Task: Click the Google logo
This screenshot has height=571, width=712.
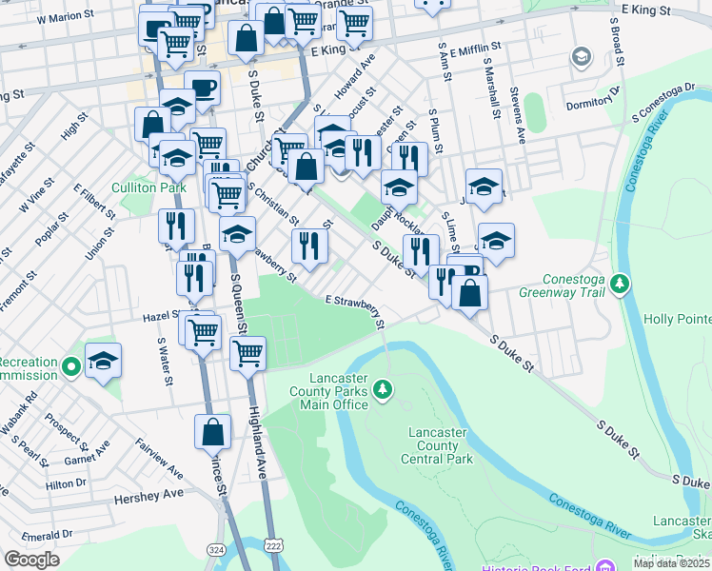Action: point(31,560)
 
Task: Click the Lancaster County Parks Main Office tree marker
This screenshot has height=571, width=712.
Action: point(382,388)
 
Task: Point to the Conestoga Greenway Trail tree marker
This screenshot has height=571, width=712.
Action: point(620,284)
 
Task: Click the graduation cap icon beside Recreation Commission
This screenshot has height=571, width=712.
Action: point(103,362)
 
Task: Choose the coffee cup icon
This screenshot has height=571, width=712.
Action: point(202,89)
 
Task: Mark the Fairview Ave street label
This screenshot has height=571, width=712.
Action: point(159,458)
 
